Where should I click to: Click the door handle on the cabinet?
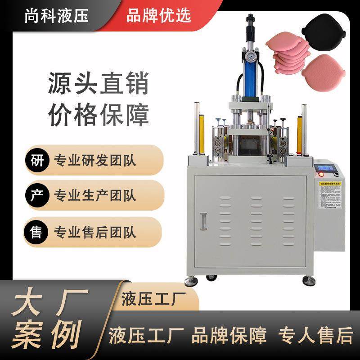click(x=202, y=221)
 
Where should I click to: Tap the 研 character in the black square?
click(x=36, y=160)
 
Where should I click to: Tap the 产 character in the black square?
click(x=36, y=195)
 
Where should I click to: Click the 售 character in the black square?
click(x=36, y=231)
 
